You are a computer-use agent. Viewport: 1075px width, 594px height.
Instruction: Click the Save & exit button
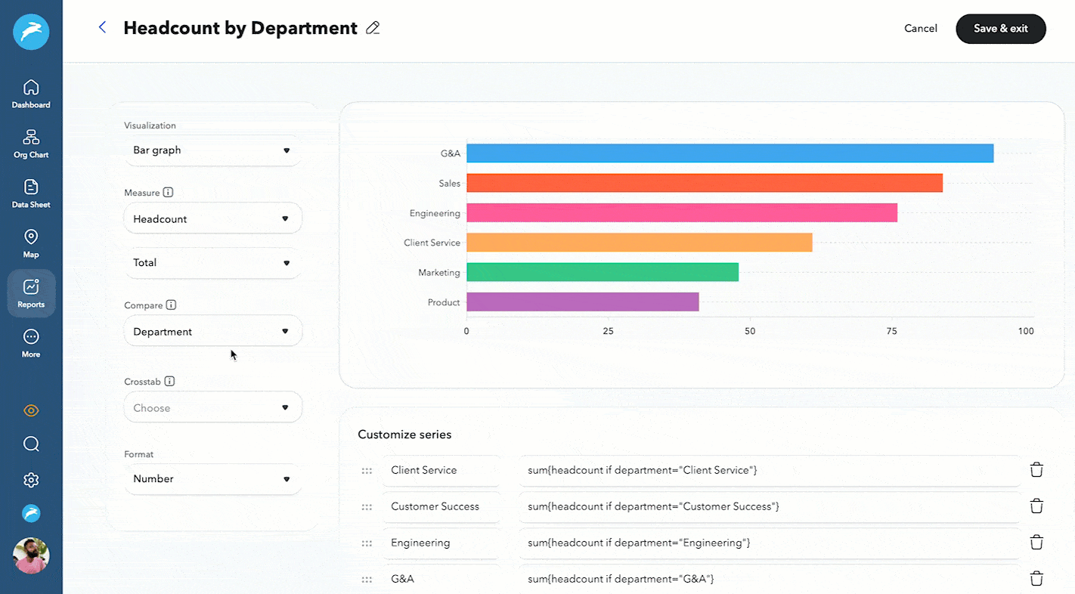point(1000,29)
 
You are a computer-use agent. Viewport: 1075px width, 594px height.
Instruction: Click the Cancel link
point(920,29)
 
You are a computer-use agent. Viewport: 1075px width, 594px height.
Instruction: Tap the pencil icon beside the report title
point(372,28)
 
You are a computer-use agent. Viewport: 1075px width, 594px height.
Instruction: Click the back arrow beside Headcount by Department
point(103,28)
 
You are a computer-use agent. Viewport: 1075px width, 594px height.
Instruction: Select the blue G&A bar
point(730,153)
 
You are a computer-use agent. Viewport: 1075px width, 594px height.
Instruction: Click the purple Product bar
point(582,302)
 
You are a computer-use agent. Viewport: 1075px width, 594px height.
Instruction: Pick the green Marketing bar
point(602,272)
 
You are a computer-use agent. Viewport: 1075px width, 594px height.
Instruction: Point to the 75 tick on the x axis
point(891,331)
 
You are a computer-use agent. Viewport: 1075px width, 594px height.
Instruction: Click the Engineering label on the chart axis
point(435,213)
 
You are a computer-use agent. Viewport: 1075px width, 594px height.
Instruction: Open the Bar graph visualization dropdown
point(212,150)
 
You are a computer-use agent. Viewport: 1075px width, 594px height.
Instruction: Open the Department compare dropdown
point(212,332)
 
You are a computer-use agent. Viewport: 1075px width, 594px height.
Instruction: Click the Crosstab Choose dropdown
point(212,408)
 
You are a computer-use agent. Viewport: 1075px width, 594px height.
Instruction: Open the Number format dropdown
point(212,479)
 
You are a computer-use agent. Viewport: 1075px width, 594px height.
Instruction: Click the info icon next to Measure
point(168,193)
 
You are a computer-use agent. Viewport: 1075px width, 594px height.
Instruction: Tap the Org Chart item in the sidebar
point(31,144)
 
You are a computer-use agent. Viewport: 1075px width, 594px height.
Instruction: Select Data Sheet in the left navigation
point(31,193)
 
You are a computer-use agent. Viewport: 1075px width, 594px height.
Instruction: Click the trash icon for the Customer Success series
point(1036,506)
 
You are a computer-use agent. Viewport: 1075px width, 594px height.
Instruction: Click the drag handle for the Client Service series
point(367,471)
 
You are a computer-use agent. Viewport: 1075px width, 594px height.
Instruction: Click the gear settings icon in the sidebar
point(31,480)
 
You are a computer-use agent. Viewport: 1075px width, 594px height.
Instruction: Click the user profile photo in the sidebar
point(31,555)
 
